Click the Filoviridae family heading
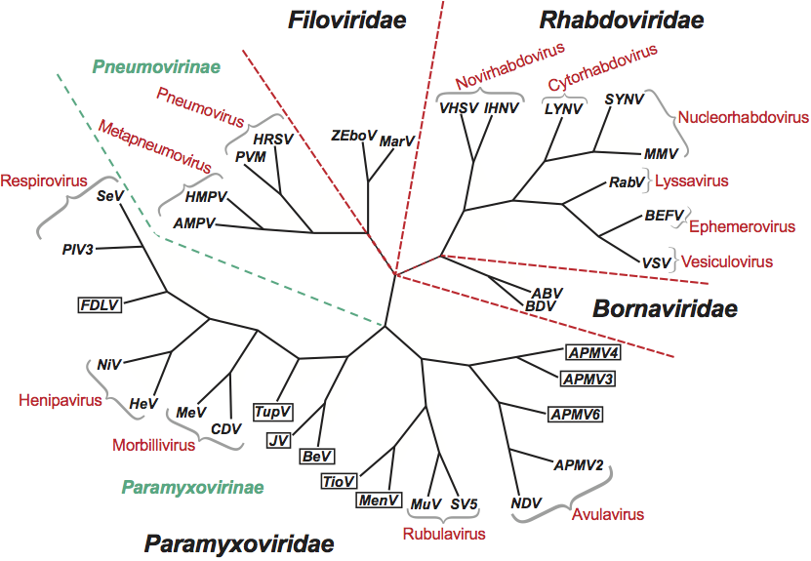346,20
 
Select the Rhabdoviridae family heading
623,19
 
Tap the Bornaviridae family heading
666,309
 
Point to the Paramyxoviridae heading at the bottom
239,543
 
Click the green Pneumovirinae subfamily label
156,66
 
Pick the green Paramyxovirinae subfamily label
194,486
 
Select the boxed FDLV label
100,303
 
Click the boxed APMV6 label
575,415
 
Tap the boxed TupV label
272,412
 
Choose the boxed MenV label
379,501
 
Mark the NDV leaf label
526,503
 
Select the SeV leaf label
108,197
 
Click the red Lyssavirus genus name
692,181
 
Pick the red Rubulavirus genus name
444,534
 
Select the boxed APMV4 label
593,352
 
